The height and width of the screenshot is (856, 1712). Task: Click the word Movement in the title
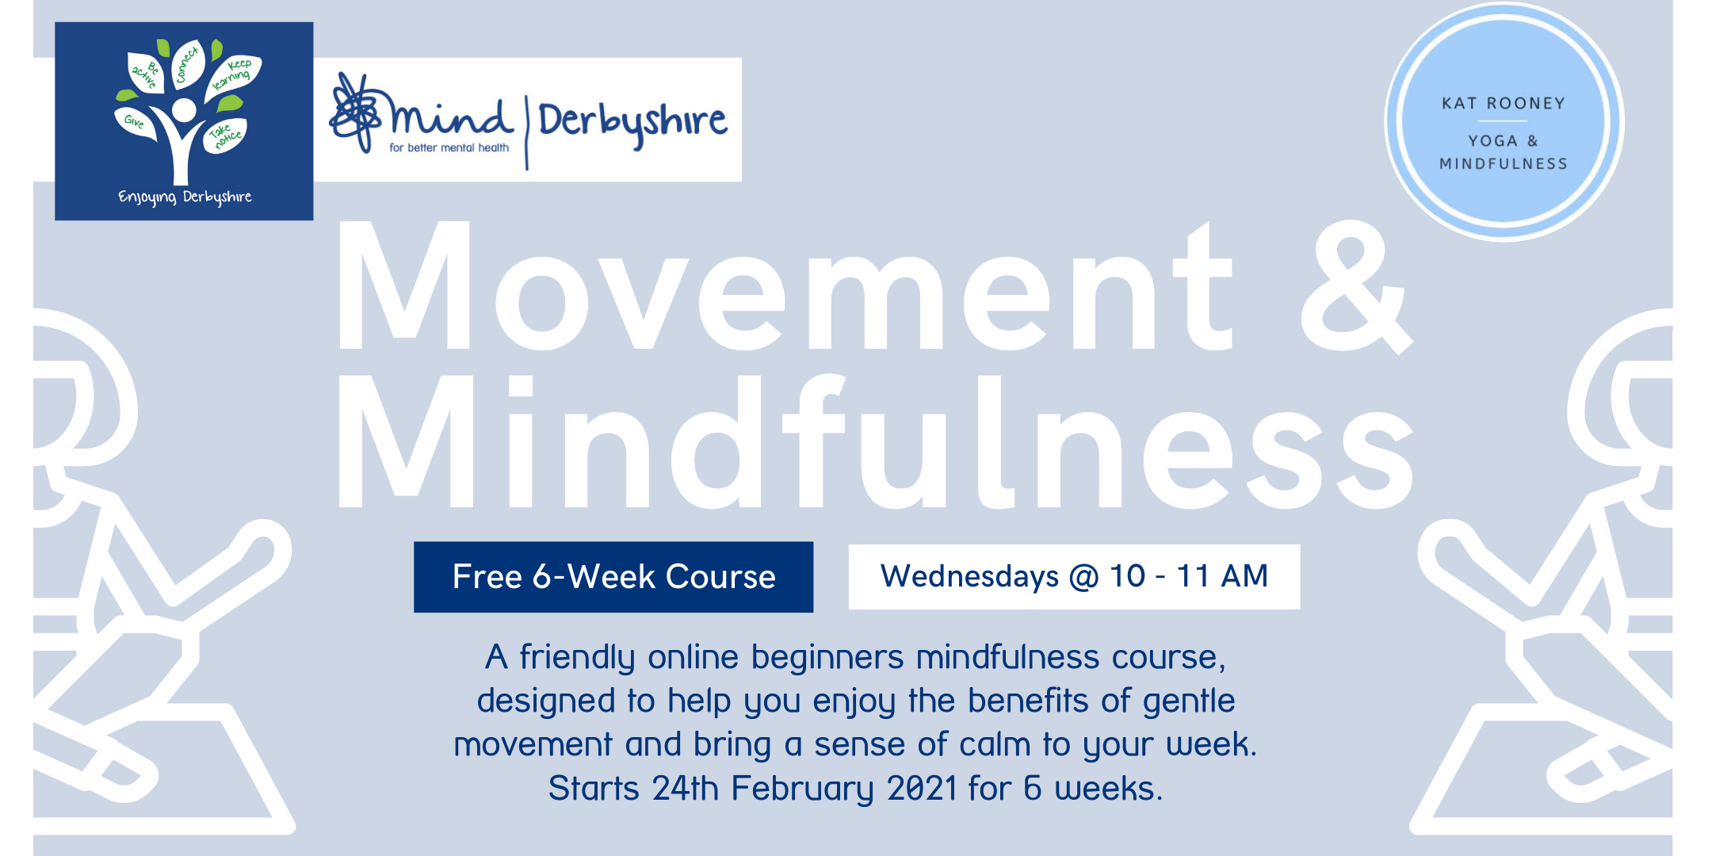click(x=785, y=287)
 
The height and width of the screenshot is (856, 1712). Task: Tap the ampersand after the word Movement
click(x=1356, y=287)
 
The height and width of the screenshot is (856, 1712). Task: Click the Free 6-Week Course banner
click(x=613, y=577)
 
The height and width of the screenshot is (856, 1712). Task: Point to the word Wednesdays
click(x=969, y=576)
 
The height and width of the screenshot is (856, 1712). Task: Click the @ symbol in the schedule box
click(x=1083, y=577)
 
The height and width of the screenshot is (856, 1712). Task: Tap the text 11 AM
click(x=1222, y=575)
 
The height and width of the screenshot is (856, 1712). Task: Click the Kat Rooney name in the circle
click(x=1503, y=104)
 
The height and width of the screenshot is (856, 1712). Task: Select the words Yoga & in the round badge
click(x=1503, y=141)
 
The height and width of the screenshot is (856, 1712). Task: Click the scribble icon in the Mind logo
click(x=357, y=113)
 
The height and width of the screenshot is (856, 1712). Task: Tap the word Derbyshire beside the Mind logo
click(x=632, y=122)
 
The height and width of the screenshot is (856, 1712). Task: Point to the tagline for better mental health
click(x=449, y=147)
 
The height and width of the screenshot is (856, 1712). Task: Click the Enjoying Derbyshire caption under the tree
click(x=185, y=197)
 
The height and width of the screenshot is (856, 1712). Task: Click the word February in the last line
click(x=803, y=789)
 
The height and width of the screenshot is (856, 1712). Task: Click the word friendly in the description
click(x=577, y=659)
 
